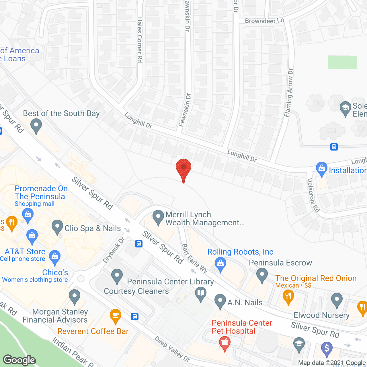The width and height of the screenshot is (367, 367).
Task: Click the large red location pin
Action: pos(183,169)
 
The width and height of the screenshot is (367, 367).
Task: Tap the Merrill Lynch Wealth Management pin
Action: pos(158,218)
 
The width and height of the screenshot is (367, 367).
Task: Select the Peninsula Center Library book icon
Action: pos(201,294)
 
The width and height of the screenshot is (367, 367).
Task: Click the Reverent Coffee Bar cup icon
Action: pos(115,316)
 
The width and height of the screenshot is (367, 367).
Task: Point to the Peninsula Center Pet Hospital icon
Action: pos(225,343)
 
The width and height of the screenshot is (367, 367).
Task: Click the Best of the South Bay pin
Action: pos(36,126)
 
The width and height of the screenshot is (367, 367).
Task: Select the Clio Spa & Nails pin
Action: pos(57,227)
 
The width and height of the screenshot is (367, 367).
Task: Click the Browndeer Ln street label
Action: pos(264,21)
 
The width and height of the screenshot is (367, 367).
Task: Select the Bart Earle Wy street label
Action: pos(195,258)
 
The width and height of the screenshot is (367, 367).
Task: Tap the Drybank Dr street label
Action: pos(114,250)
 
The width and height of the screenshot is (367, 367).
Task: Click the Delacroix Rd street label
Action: pos(313,195)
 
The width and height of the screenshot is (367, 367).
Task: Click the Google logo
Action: pos(19,360)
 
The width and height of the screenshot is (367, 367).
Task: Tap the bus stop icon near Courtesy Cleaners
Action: pos(135,317)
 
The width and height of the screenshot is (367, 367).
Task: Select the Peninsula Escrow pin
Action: pos(262,275)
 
